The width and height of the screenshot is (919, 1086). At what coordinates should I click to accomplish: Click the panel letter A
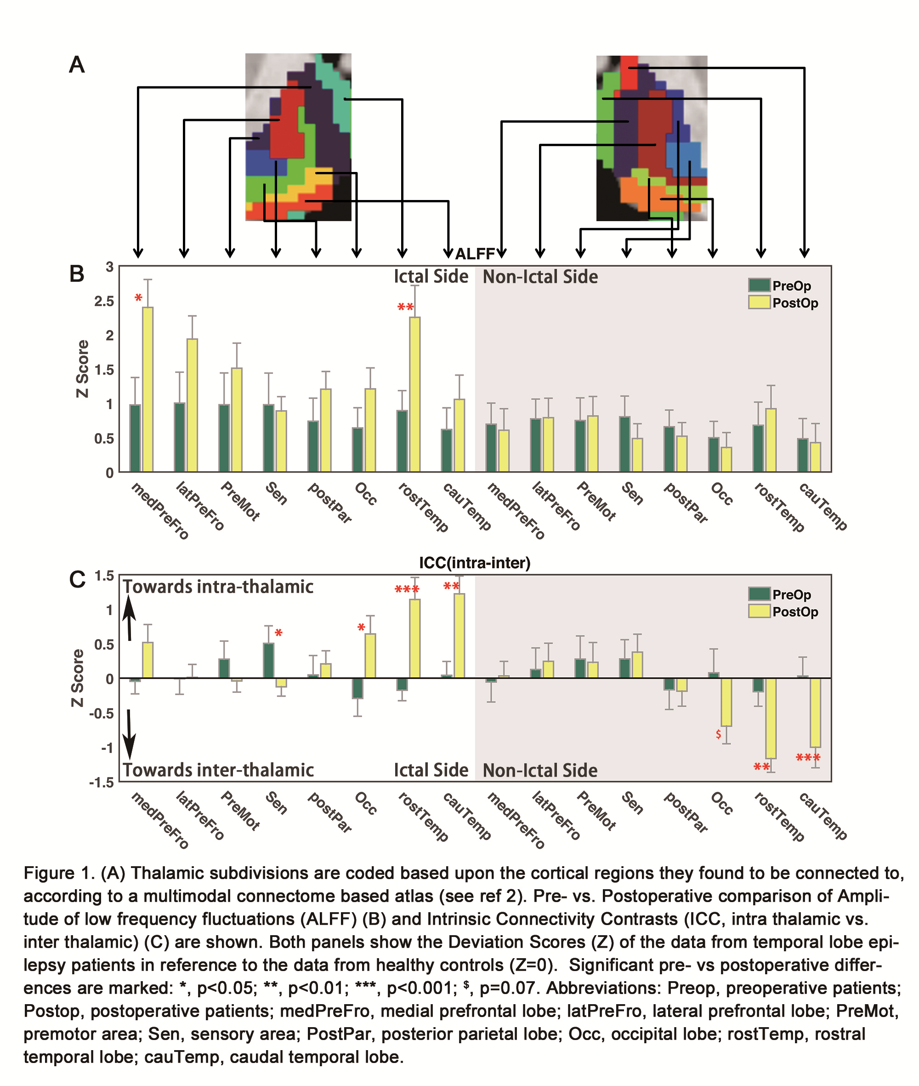point(77,65)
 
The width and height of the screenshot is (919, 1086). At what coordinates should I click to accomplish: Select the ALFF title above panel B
point(475,254)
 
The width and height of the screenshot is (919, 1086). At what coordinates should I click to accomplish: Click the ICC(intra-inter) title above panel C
point(475,563)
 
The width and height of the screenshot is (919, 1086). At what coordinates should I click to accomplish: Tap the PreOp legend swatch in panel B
point(759,285)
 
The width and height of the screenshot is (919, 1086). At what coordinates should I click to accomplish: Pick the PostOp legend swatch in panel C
point(759,611)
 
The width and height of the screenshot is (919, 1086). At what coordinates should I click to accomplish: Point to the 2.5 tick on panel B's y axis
point(104,301)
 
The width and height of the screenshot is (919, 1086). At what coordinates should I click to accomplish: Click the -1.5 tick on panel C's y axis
point(101,782)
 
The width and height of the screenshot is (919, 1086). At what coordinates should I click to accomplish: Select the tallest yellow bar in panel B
point(147,389)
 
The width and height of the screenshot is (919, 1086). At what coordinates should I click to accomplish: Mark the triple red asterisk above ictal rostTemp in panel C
point(407,589)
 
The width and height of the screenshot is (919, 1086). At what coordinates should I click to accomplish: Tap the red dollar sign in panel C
point(718,734)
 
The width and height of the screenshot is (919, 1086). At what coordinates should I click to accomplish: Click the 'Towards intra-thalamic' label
point(218,587)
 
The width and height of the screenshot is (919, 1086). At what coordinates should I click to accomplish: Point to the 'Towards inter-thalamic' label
point(218,770)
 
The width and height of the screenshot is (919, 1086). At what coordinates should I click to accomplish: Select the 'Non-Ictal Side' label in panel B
point(540,277)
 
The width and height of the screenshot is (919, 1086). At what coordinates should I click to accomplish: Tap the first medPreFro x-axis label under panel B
point(159,510)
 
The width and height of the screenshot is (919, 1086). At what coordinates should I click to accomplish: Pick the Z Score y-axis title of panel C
point(78,678)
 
